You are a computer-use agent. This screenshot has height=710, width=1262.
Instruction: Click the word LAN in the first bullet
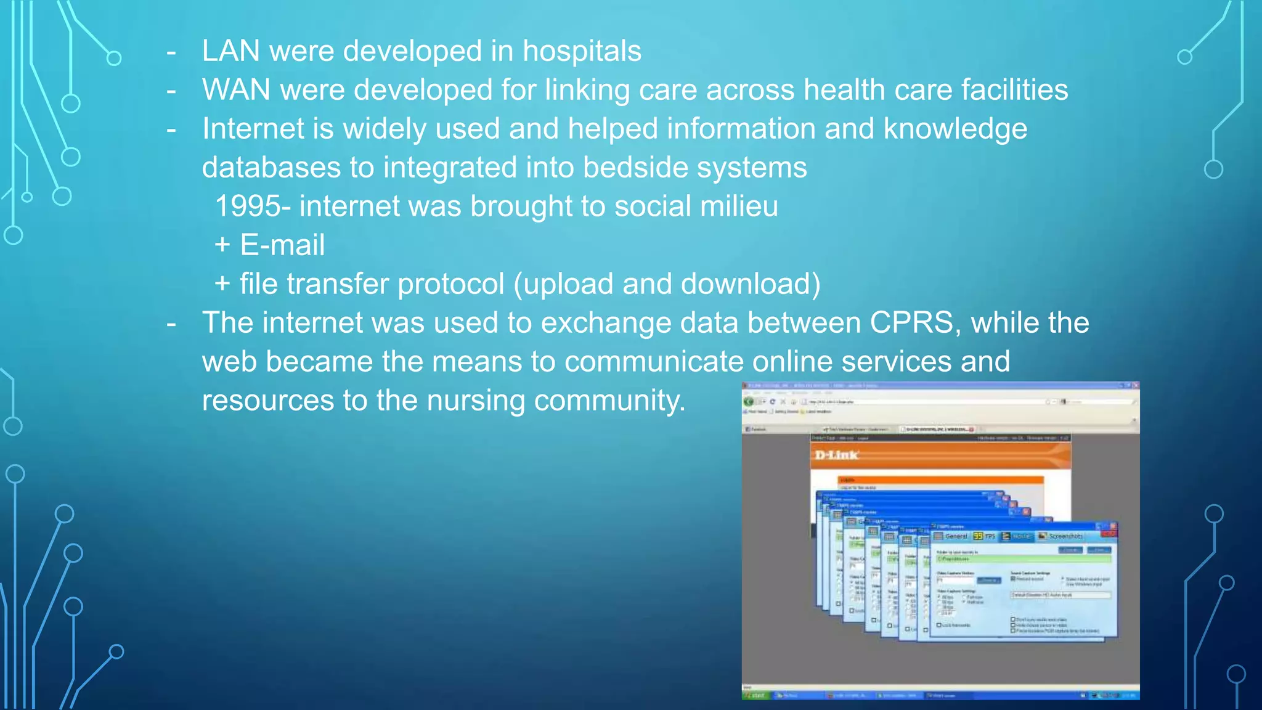230,51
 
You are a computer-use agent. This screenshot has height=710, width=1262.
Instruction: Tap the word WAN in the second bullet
236,90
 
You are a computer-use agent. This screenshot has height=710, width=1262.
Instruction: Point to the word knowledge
955,129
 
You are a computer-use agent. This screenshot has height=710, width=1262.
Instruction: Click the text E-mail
282,245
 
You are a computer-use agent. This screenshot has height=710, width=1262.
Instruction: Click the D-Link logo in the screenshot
836,455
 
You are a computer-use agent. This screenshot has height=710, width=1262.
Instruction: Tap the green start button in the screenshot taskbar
754,695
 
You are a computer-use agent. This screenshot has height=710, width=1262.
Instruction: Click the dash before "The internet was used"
171,323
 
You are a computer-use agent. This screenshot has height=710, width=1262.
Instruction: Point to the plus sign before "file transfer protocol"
222,285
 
